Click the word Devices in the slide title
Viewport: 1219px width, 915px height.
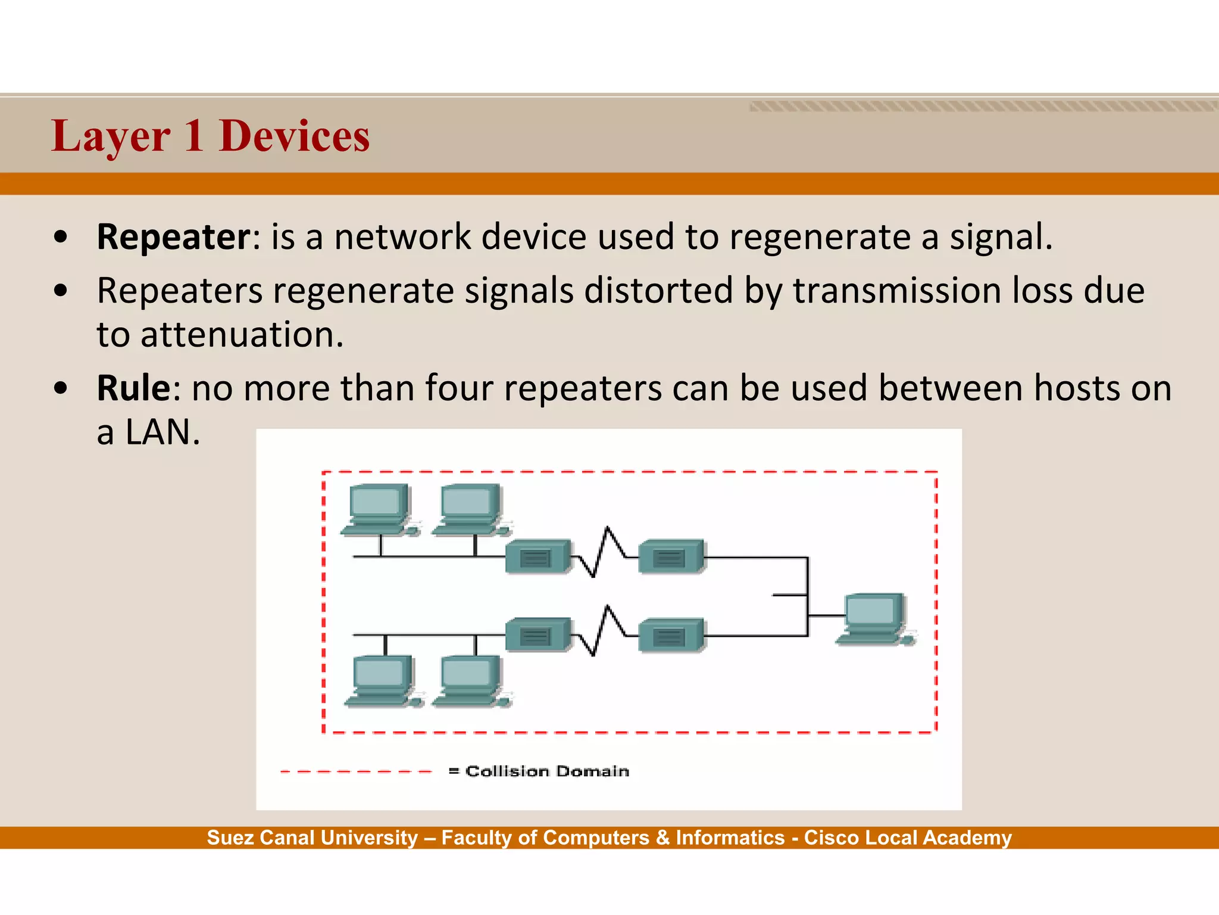[x=294, y=136]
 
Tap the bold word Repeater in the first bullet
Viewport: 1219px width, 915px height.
[x=174, y=237]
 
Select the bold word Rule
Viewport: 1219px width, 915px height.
[x=133, y=388]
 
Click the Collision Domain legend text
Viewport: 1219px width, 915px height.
[x=546, y=771]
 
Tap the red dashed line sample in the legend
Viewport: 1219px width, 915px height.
[x=356, y=771]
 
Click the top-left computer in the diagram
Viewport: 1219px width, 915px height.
[x=379, y=510]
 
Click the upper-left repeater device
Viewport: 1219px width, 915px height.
[x=537, y=556]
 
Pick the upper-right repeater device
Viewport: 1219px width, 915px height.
[x=671, y=556]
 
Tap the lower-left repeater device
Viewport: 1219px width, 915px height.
[x=537, y=635]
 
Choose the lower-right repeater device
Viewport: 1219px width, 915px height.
[x=671, y=636]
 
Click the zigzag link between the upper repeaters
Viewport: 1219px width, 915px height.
[x=604, y=552]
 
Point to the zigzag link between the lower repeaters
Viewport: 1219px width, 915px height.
[x=604, y=630]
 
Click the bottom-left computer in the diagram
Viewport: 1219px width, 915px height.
[x=383, y=681]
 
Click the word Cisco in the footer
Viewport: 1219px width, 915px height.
[x=831, y=838]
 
